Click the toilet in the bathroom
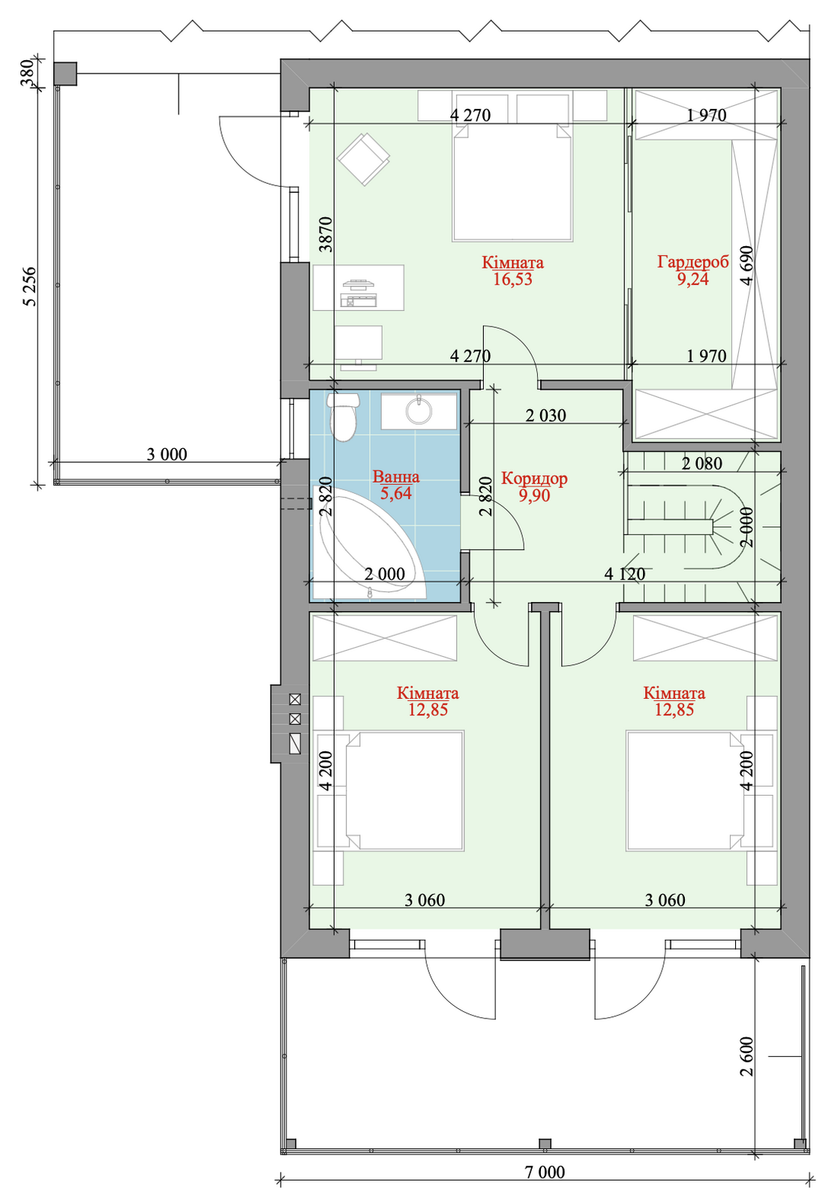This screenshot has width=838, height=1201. tap(343, 416)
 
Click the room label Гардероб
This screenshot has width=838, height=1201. tap(692, 262)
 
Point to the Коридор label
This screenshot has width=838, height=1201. tap(534, 477)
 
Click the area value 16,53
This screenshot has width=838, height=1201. tap(512, 279)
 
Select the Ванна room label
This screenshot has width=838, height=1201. tap(396, 476)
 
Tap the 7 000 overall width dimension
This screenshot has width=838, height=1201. tap(545, 1187)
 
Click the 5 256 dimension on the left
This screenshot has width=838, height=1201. tap(30, 286)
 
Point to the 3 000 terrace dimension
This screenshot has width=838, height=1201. tap(167, 454)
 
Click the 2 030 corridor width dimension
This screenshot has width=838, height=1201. tap(545, 415)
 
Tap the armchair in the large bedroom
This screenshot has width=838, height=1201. tap(363, 159)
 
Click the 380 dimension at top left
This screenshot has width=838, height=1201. tap(27, 72)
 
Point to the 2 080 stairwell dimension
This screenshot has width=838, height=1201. tap(702, 463)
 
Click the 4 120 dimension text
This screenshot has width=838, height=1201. tap(625, 573)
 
